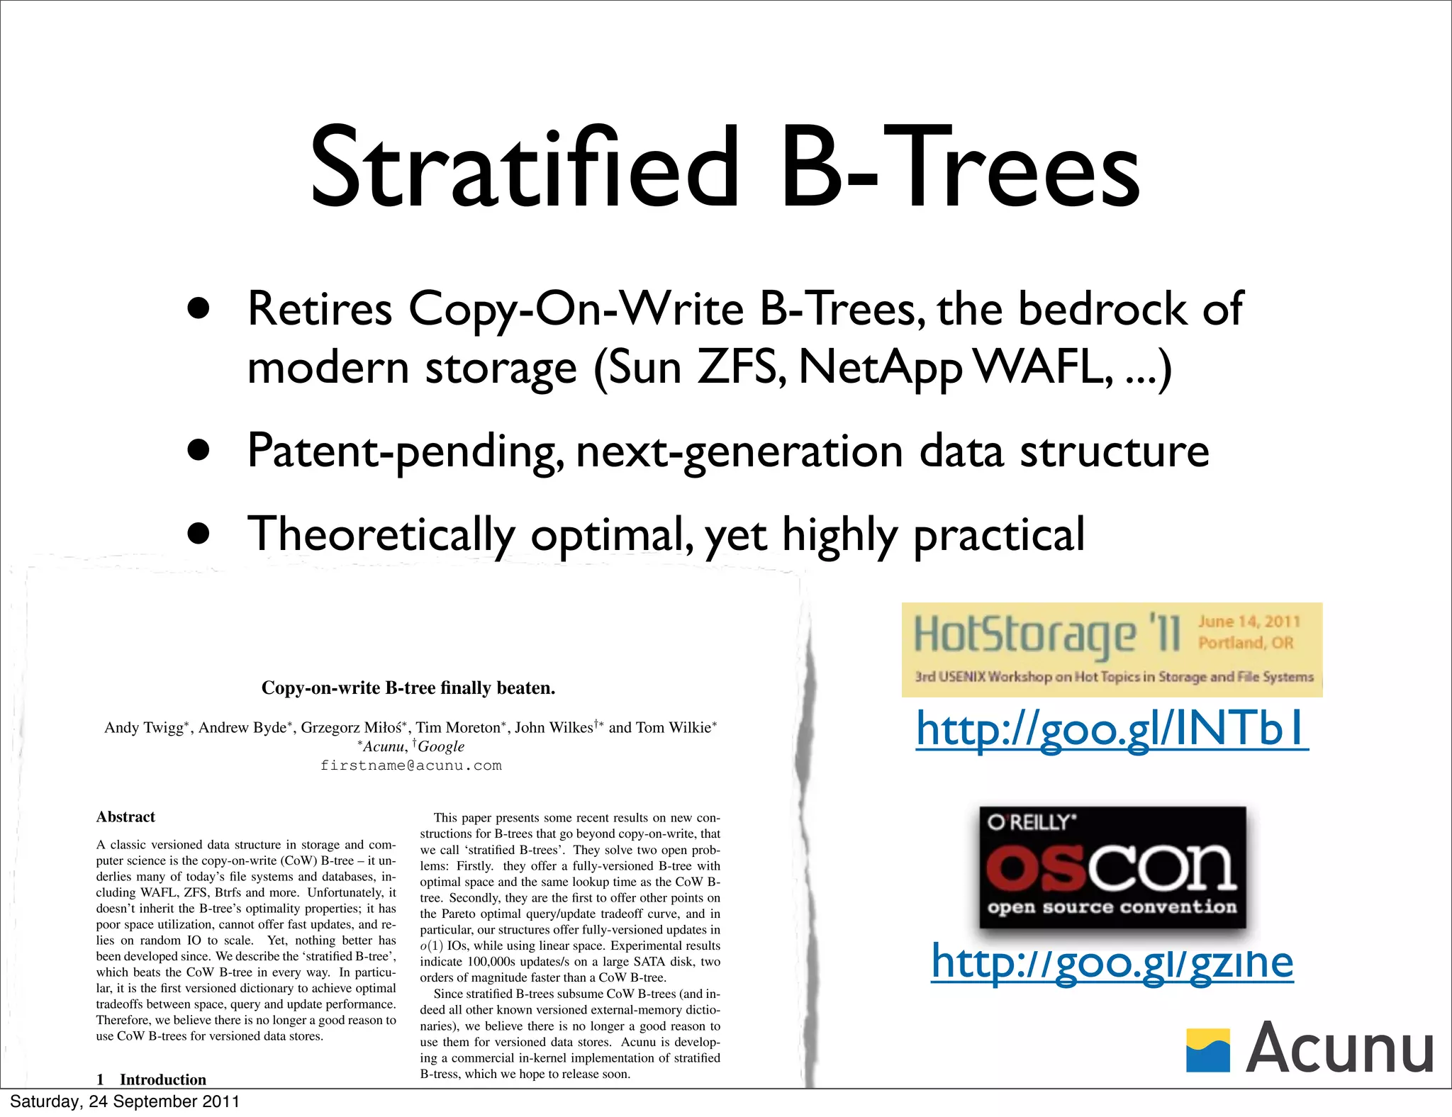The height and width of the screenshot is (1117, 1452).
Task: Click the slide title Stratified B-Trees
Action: click(725, 169)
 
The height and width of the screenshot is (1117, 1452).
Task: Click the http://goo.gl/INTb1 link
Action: click(1112, 729)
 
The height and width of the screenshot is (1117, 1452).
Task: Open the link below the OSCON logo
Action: click(1112, 962)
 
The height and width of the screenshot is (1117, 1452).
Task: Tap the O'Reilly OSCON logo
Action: click(1112, 867)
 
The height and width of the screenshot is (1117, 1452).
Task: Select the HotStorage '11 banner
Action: click(1111, 649)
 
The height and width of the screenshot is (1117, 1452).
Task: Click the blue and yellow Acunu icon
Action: click(1208, 1050)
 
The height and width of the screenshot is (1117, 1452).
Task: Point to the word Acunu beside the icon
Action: click(1339, 1049)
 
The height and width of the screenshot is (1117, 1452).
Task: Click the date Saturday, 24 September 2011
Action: click(125, 1101)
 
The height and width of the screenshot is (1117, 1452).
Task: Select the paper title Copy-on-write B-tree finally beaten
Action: click(408, 687)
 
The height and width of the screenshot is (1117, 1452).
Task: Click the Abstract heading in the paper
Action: click(125, 816)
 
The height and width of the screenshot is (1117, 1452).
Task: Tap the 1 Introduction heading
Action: click(152, 1079)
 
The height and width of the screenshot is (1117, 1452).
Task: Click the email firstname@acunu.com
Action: click(411, 765)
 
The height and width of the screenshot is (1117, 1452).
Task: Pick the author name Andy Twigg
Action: click(144, 728)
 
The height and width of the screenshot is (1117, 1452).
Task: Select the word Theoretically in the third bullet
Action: click(381, 535)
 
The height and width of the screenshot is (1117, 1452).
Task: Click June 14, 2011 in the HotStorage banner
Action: click(1249, 622)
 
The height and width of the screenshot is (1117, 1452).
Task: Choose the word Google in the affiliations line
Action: click(441, 746)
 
